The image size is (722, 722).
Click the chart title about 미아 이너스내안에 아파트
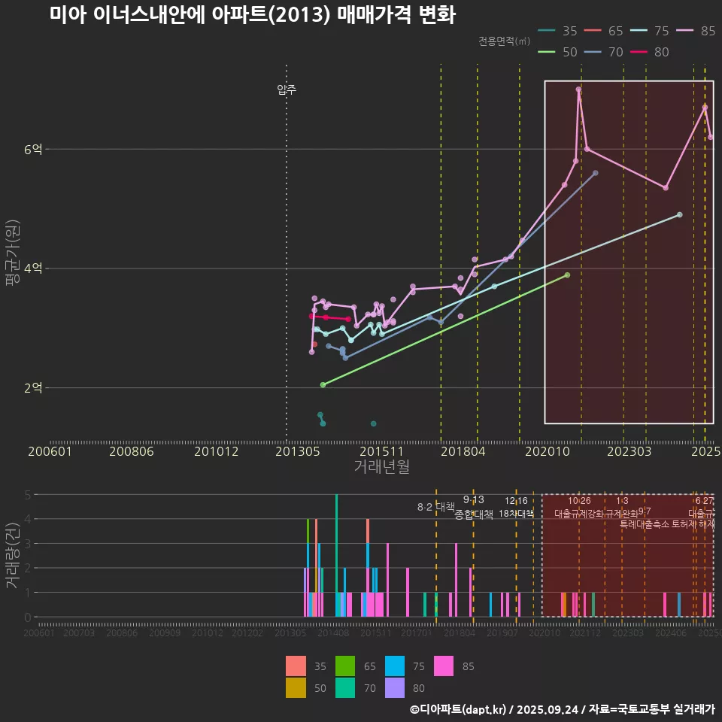tap(253, 15)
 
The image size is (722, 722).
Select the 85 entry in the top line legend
tap(699, 31)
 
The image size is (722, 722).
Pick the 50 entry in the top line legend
tap(561, 52)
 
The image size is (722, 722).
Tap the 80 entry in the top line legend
tap(653, 52)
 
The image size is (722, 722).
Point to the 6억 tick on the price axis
tap(33, 150)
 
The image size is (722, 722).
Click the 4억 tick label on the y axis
tap(33, 268)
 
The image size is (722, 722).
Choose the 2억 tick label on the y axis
tap(33, 388)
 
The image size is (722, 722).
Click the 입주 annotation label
tap(287, 89)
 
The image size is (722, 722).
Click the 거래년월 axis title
tap(381, 467)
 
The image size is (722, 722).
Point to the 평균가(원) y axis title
tap(13, 256)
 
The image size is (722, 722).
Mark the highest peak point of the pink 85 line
tap(578, 89)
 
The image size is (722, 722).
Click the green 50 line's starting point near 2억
tap(323, 384)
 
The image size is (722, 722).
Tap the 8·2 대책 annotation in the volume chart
tap(437, 507)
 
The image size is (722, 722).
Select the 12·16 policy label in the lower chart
tap(516, 501)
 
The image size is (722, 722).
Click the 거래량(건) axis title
tap(13, 553)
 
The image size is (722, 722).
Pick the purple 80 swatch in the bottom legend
tap(395, 688)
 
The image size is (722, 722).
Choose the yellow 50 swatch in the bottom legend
tap(296, 688)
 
